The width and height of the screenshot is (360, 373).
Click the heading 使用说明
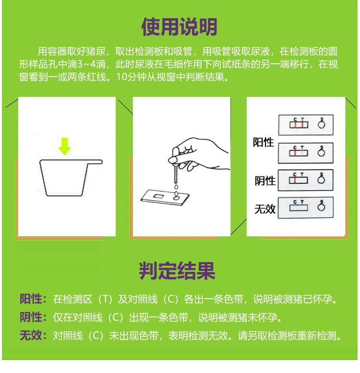[x=179, y=27]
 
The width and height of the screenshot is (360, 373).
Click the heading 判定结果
[x=177, y=271]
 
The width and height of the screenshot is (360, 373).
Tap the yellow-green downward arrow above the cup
[x=64, y=146]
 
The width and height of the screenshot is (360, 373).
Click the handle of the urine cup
[x=95, y=162]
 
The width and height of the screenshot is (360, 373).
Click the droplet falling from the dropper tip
[x=176, y=186]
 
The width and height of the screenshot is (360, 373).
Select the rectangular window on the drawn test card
[x=158, y=196]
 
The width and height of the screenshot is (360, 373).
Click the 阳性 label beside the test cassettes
[x=264, y=142]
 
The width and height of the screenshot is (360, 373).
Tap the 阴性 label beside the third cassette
[x=265, y=181]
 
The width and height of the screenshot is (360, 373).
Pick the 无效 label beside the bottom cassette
[x=265, y=209]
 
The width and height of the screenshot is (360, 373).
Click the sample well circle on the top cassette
[x=322, y=125]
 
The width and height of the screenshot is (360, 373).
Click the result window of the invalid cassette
[x=299, y=208]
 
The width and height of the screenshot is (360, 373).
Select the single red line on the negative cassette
[x=295, y=181]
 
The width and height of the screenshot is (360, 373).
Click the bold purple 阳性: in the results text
[x=33, y=299]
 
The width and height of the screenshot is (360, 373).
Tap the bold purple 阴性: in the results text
[x=33, y=317]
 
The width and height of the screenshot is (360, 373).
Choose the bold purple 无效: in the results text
[x=33, y=336]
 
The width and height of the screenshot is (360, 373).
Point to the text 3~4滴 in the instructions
[x=91, y=64]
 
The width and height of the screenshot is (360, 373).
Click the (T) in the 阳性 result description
[x=105, y=299]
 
